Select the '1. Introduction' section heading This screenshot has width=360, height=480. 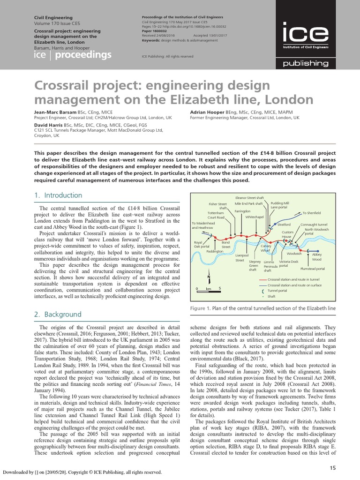tap(58, 195)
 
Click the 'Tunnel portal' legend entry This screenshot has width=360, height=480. tap(277, 291)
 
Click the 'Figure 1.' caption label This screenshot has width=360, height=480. tap(200, 308)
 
